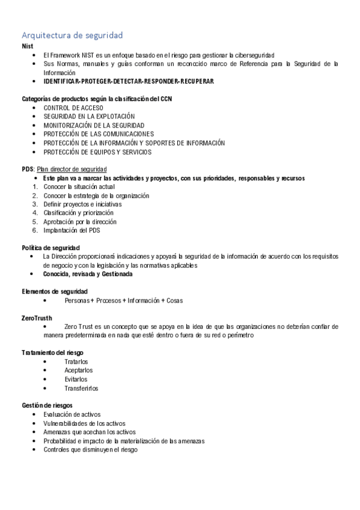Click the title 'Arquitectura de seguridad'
click(72, 35)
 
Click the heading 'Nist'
click(27, 46)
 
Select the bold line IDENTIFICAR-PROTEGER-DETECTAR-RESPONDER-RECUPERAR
click(128, 81)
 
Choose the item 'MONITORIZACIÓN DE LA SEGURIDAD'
click(94, 125)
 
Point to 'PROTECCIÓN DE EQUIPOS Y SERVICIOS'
click(97, 152)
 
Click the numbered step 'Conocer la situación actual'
click(79, 187)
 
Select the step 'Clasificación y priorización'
click(79, 213)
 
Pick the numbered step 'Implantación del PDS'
click(72, 230)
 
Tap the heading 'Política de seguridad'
click(50, 248)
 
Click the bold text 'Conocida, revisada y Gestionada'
click(88, 274)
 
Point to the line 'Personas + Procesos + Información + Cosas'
click(123, 300)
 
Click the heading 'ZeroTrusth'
click(37, 318)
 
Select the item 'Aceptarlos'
click(78, 370)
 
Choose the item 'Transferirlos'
click(81, 388)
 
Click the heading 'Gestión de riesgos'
click(47, 405)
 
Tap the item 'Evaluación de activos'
click(72, 414)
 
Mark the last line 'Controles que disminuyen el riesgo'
click(90, 449)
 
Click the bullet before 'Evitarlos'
click(46, 379)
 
